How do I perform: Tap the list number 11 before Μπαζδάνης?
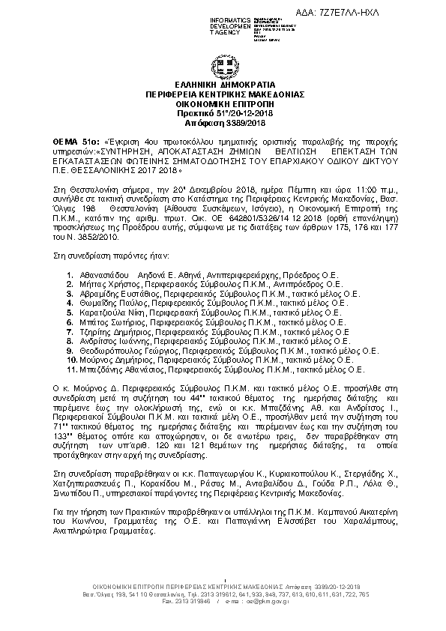pyautogui.click(x=71, y=369)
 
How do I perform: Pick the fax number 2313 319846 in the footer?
pyautogui.click(x=193, y=602)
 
